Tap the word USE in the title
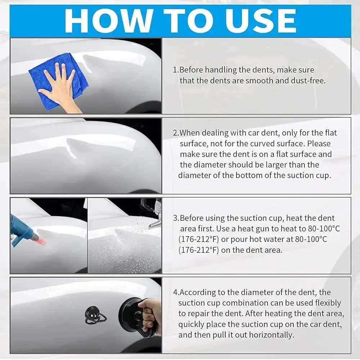pyautogui.click(x=260, y=21)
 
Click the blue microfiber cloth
pyautogui.click(x=59, y=80)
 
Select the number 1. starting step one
pyautogui.click(x=176, y=70)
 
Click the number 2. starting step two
pyautogui.click(x=176, y=133)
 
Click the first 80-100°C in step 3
pyautogui.click(x=324, y=229)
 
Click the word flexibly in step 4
pyautogui.click(x=328, y=303)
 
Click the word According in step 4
pyautogui.click(x=197, y=292)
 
